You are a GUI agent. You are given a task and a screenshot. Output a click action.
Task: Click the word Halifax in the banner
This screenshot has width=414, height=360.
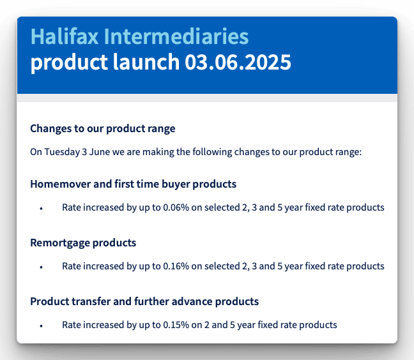65,36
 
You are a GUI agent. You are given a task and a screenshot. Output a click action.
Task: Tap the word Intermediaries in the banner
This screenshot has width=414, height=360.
176,36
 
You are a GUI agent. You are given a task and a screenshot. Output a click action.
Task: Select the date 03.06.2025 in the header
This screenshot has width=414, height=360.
238,62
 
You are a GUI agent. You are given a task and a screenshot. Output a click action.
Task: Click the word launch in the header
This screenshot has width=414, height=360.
146,62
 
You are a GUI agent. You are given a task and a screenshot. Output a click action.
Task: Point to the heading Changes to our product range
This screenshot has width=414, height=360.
103,129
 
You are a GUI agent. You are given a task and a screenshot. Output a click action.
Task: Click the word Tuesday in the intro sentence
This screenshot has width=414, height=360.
62,152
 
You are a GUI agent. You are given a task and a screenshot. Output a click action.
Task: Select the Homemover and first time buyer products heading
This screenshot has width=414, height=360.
134,184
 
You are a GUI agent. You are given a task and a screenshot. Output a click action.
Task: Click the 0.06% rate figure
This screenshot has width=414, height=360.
176,207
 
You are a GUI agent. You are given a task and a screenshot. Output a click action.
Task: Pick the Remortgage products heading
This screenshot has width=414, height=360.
83,243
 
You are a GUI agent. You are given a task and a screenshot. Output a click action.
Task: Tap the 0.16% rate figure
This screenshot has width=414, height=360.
176,266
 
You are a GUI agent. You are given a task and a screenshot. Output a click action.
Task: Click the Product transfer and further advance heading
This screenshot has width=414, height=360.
144,301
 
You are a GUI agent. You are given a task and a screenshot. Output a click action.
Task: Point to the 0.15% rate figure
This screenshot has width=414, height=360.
176,325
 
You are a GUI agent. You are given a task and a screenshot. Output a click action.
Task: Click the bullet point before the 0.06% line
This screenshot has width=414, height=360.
41,209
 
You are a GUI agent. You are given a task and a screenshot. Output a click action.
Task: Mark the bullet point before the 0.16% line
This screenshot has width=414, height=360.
41,267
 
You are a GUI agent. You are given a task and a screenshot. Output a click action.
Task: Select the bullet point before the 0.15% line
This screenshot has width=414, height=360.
41,326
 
